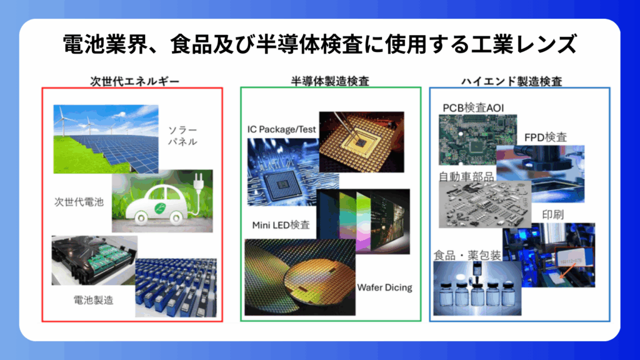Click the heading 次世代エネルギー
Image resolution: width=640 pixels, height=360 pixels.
tap(135, 82)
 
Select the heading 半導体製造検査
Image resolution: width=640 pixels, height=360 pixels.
tap(330, 82)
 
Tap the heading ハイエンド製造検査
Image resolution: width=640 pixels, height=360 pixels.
tap(511, 82)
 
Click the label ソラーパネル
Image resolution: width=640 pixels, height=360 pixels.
tap(183, 136)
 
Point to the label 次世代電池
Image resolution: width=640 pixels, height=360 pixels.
tap(79, 202)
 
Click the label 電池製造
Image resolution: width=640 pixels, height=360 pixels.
tap(94, 301)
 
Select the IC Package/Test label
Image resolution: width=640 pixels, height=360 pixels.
tap(282, 129)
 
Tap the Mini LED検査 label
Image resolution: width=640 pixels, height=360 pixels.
tap(281, 225)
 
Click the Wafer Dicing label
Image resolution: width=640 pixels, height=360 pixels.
tap(384, 287)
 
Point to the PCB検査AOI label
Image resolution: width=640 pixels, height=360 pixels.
tap(474, 107)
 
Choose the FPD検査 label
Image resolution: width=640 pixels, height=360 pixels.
tap(545, 137)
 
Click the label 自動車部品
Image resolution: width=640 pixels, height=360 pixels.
tap(466, 177)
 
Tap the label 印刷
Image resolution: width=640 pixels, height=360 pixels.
tap(552, 215)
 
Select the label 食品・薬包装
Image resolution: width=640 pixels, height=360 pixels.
tap(467, 256)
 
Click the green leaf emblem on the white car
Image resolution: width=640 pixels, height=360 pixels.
tap(160, 208)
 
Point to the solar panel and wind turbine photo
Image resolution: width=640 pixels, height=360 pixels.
tap(106, 139)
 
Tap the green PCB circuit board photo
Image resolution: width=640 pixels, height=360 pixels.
tap(477, 139)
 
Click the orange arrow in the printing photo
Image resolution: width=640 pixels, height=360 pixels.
tap(567, 270)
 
